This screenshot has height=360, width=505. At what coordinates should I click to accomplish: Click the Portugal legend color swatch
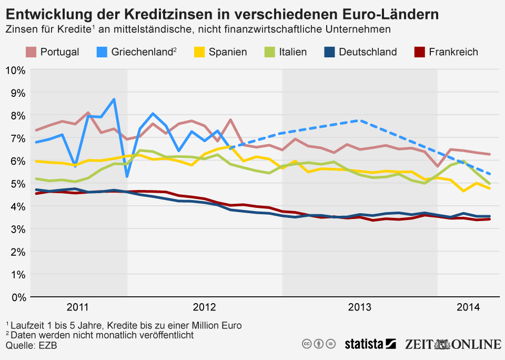click(31, 52)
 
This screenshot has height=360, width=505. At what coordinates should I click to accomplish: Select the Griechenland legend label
click(143, 52)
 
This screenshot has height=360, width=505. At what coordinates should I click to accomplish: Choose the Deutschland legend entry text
click(368, 52)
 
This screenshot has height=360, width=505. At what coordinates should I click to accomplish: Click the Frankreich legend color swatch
click(419, 52)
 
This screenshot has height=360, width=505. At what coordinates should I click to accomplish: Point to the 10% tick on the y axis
click(15, 70)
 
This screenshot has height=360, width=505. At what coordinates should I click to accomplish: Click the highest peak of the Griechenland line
click(114, 99)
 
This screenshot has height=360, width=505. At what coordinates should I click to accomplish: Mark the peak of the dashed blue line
click(358, 121)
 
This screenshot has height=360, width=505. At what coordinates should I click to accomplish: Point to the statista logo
click(370, 344)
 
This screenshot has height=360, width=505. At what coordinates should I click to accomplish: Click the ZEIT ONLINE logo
click(452, 344)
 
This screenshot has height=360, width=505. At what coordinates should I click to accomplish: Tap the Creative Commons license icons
click(318, 344)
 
